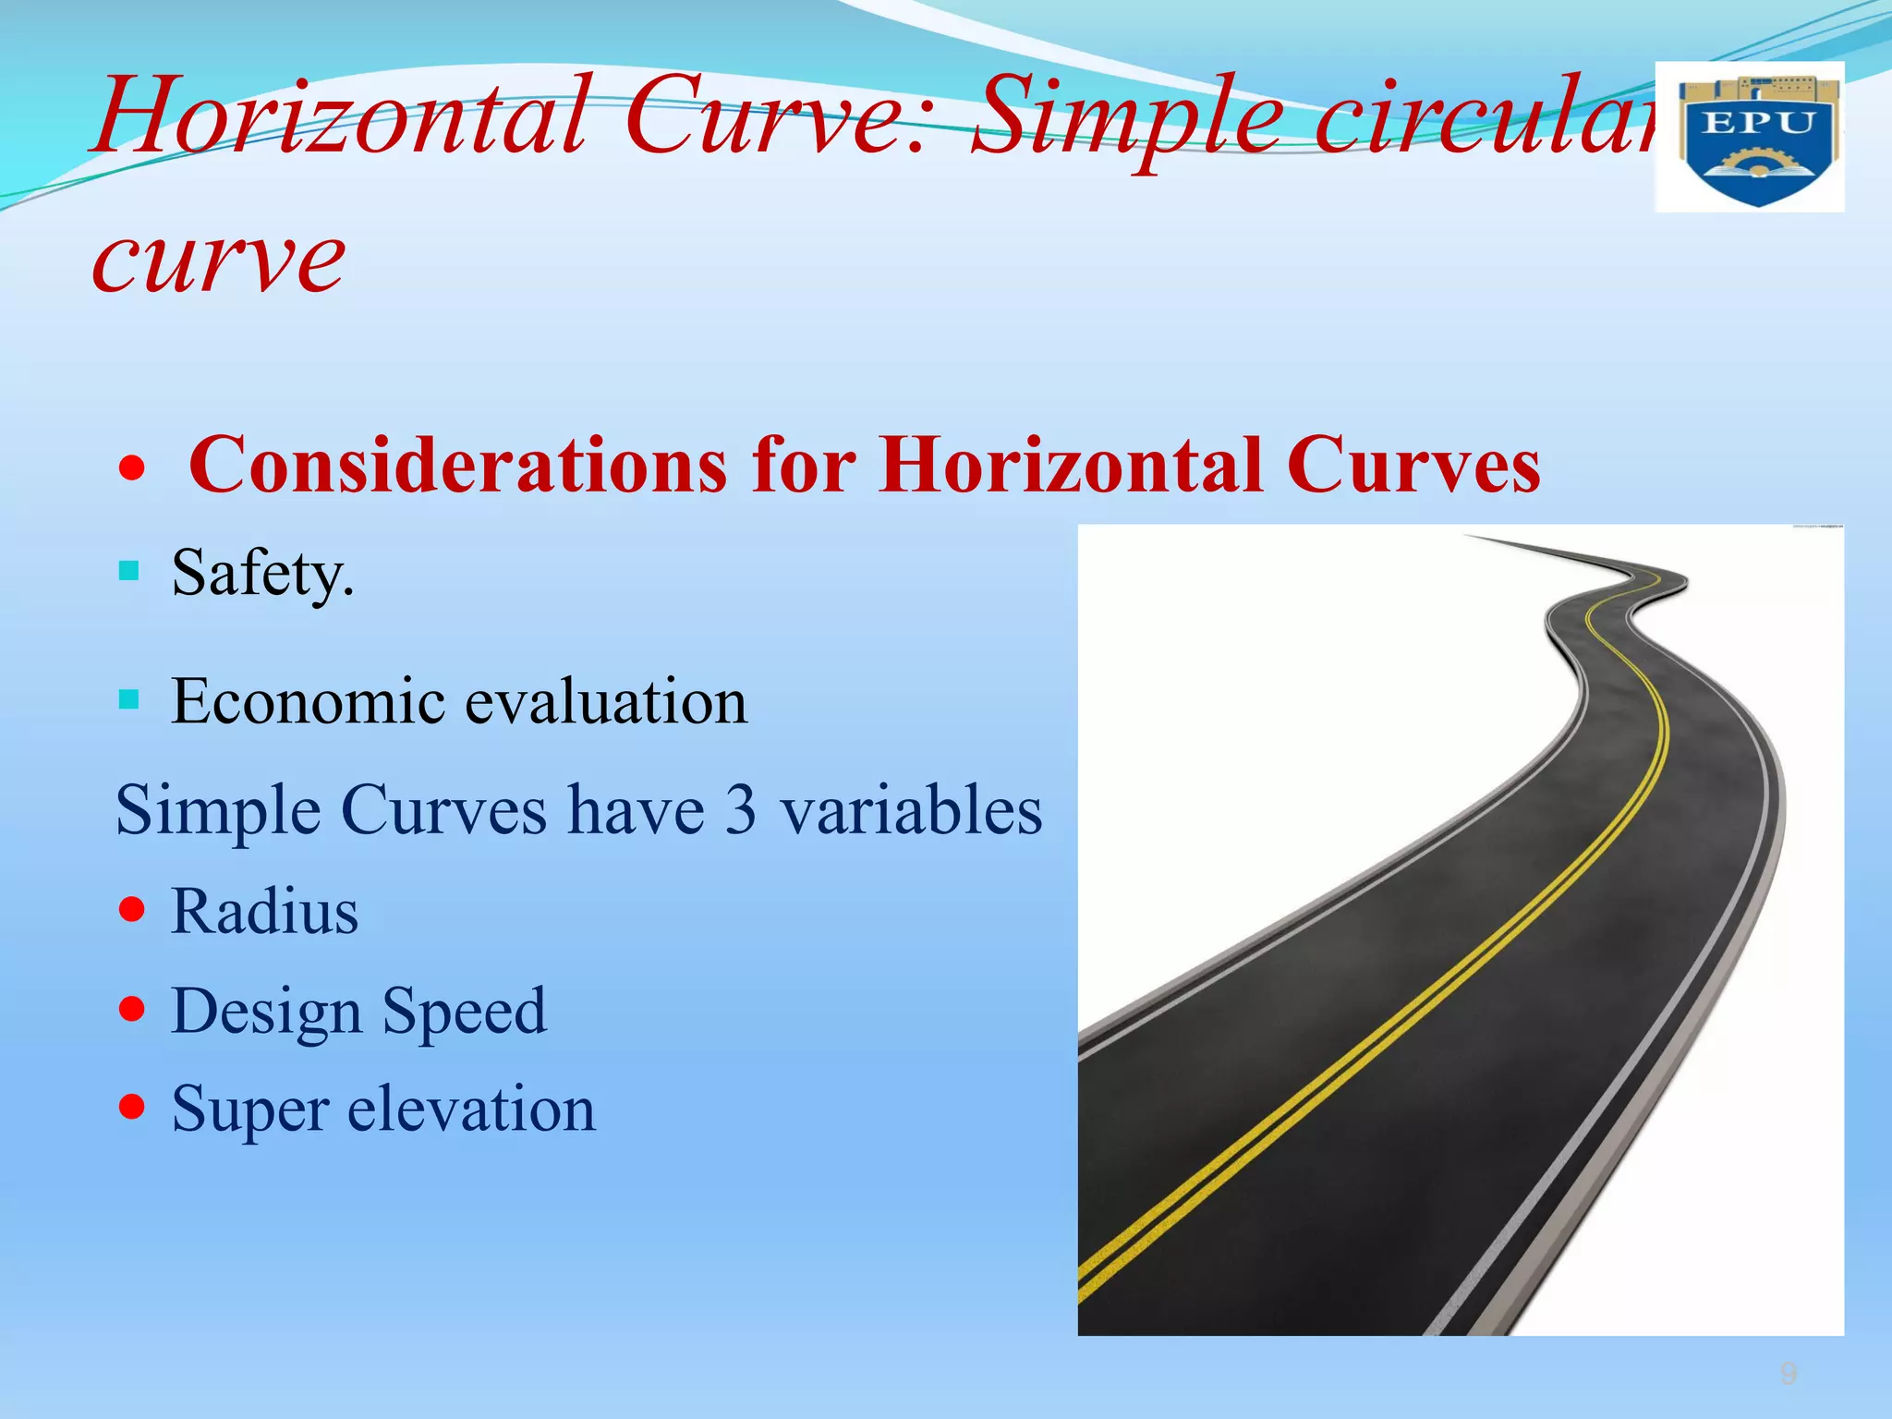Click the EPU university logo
pyautogui.click(x=1749, y=137)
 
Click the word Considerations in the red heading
pyautogui.click(x=457, y=465)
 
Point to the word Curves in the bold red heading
pyautogui.click(x=1413, y=465)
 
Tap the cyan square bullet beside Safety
pyautogui.click(x=129, y=570)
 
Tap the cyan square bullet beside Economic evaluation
pyautogui.click(x=129, y=698)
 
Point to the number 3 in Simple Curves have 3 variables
pyautogui.click(x=740, y=810)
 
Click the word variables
pyautogui.click(x=911, y=810)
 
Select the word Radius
pyautogui.click(x=265, y=912)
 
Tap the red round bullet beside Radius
pyautogui.click(x=133, y=909)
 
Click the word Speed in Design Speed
pyautogui.click(x=464, y=1013)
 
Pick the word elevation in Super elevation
pyautogui.click(x=471, y=1109)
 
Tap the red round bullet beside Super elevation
pyautogui.click(x=133, y=1106)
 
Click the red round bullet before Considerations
pyautogui.click(x=133, y=468)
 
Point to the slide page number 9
pyautogui.click(x=1789, y=1374)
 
